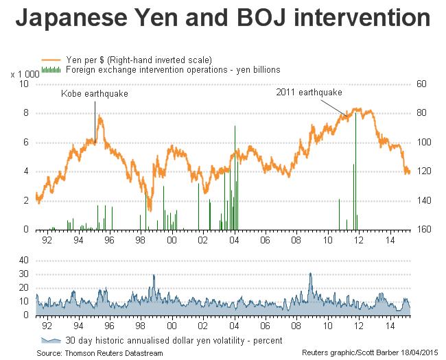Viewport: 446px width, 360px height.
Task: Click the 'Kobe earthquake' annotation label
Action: (95, 93)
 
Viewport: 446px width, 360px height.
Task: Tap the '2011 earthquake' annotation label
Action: (309, 91)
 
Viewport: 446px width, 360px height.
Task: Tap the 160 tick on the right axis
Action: (423, 230)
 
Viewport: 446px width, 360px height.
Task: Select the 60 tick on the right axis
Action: (421, 84)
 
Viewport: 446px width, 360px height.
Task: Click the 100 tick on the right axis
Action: (423, 143)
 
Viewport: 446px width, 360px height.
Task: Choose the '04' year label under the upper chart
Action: (234, 241)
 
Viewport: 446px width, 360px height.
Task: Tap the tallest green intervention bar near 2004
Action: (235, 128)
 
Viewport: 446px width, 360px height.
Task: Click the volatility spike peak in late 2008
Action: (310, 274)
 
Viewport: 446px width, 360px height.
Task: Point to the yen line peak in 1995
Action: (100, 117)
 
